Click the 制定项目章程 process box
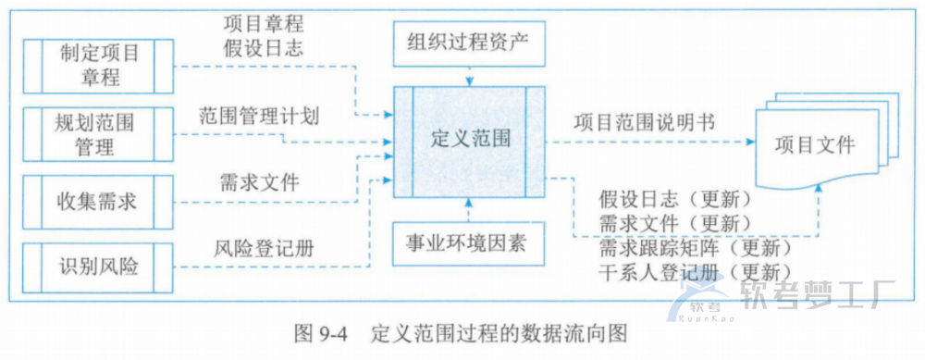pyautogui.click(x=99, y=65)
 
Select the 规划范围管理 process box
pyautogui.click(x=99, y=132)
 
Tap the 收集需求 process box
pyautogui.click(x=99, y=199)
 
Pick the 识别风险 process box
pyautogui.click(x=99, y=266)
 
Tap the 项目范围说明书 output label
pyautogui.click(x=644, y=122)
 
